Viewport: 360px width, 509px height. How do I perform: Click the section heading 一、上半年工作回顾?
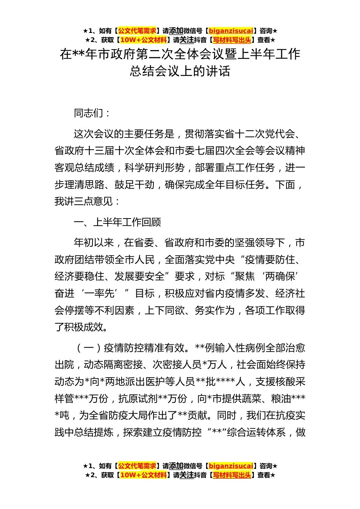point(117,222)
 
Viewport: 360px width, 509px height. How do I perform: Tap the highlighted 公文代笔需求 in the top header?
point(137,31)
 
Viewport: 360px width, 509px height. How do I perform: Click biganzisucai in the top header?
point(231,31)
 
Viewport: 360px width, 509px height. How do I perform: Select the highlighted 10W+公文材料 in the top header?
point(143,40)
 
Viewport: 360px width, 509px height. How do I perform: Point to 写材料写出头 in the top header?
point(232,40)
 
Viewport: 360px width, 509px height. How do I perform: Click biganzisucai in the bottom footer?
point(231,466)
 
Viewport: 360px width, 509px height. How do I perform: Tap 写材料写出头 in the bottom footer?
point(232,475)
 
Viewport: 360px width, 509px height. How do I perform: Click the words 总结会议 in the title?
point(149,71)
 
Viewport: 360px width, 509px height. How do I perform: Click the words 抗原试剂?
point(138,398)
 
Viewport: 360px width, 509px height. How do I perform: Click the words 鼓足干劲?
point(135,184)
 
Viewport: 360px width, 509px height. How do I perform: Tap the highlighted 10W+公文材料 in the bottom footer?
point(143,475)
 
